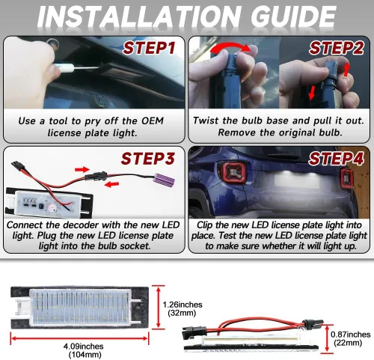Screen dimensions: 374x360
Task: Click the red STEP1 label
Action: tap(149, 48)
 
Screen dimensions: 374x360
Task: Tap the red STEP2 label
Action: tap(336, 48)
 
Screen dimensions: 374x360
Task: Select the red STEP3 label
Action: tap(148, 159)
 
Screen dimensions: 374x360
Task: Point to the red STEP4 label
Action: tap(336, 159)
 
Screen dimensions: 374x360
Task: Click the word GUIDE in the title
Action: tap(293, 17)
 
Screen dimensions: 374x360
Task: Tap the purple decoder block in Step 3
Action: tap(165, 180)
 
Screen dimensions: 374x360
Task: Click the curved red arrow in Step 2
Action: tap(230, 47)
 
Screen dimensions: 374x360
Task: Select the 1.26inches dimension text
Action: tap(183, 305)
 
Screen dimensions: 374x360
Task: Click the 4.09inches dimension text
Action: tap(83, 347)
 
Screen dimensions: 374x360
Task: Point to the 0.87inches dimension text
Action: tap(350, 335)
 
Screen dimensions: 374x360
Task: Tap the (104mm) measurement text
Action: tap(85, 355)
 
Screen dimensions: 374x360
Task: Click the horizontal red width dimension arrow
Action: tap(79, 338)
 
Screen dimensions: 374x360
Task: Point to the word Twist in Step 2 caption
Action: tap(206, 120)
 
